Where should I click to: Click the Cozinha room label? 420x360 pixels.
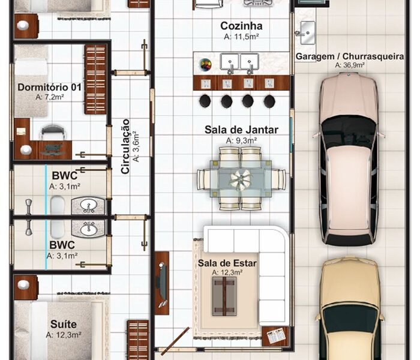click(x=241, y=26)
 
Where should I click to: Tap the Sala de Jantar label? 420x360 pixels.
click(x=241, y=130)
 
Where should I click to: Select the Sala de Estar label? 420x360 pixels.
click(x=227, y=263)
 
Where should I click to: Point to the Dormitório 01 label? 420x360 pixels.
click(x=50, y=87)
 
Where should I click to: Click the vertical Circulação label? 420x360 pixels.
click(x=125, y=146)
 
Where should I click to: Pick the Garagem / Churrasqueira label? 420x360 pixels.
click(x=350, y=56)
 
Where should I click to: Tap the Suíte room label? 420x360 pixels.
click(x=64, y=324)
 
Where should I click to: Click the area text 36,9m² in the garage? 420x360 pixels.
click(x=350, y=65)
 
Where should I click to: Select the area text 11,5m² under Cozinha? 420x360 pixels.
click(x=241, y=37)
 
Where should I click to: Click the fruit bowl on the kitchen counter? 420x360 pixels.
click(x=205, y=64)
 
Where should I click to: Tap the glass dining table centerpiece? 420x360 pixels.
click(x=241, y=179)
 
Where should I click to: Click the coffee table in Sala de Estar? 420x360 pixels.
click(x=224, y=296)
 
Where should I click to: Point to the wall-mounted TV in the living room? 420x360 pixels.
click(x=162, y=283)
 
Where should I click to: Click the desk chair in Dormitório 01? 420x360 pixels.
click(x=53, y=133)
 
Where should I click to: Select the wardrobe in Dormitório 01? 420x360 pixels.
click(x=95, y=79)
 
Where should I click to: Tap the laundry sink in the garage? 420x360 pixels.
click(x=307, y=32)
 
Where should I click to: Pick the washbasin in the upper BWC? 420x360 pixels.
click(x=88, y=206)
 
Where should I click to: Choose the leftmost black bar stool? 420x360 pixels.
click(x=205, y=101)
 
